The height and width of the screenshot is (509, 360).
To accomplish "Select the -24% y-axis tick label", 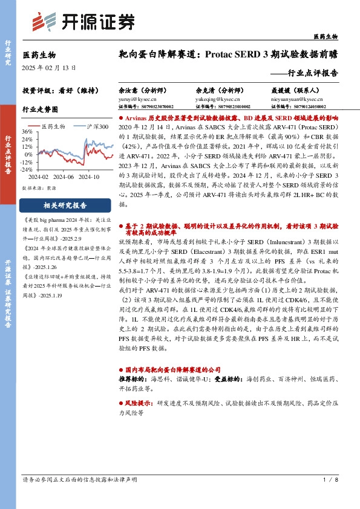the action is tap(26, 169).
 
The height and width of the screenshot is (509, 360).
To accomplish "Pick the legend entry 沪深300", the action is tap(96, 126).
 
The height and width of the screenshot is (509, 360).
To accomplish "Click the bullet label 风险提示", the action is tap(140, 402).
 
